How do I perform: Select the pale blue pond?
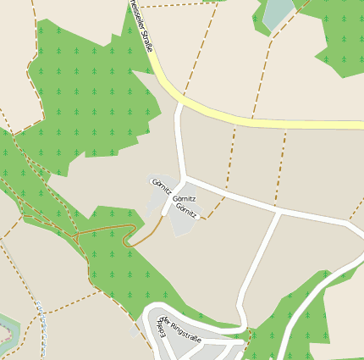[278, 12]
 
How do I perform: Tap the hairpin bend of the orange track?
[128, 241]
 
